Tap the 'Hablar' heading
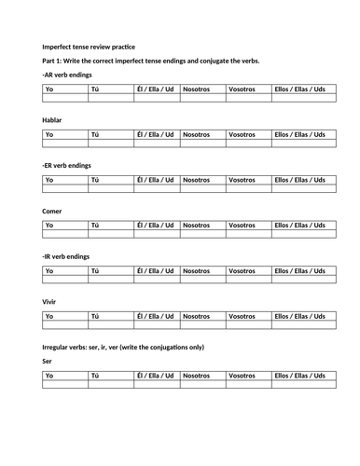coord(52,120)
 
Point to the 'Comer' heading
coord(52,211)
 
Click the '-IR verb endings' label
coord(66,256)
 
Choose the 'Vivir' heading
coord(50,302)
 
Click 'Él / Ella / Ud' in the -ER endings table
coord(156,179)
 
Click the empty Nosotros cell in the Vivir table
coord(202,325)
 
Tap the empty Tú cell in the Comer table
coord(110,234)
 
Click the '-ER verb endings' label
coord(67,165)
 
